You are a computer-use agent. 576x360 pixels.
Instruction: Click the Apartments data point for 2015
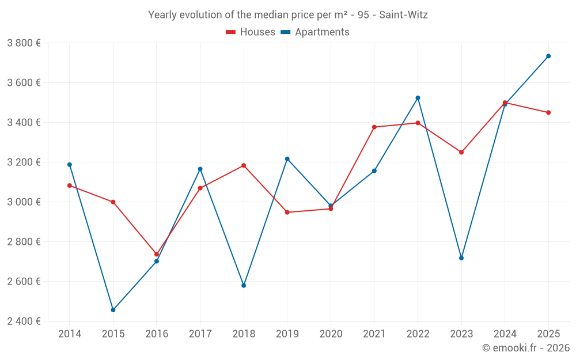pos(113,310)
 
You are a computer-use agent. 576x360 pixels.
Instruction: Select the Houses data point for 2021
pos(374,127)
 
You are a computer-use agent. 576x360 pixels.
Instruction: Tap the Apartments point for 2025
pos(548,56)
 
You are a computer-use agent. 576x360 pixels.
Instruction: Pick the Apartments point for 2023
pos(461,258)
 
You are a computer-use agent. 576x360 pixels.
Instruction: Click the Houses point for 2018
pos(244,165)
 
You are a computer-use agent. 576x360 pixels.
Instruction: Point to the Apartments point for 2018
pos(244,285)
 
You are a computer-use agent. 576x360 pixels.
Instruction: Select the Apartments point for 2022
pos(418,98)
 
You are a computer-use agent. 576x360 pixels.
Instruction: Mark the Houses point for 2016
pos(157,254)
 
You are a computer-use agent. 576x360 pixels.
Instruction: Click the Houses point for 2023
pos(461,152)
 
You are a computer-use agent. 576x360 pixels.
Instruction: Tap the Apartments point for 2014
pos(70,165)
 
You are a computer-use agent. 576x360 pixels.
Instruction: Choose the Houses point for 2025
pos(548,112)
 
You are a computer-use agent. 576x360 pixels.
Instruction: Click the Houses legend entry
pos(251,32)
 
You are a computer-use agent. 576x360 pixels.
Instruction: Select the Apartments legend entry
pos(315,32)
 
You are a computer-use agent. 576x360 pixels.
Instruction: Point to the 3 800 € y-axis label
pos(24,43)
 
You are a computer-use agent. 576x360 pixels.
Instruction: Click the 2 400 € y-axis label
pos(24,321)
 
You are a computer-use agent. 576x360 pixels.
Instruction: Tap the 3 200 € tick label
pos(24,162)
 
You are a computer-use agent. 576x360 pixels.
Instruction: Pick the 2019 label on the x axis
pos(287,334)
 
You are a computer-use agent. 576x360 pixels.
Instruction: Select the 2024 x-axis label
pos(505,334)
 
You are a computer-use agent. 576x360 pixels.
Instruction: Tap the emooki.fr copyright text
pos(525,348)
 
